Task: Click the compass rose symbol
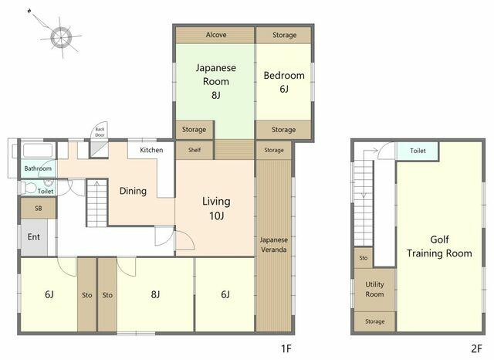pyautogui.click(x=61, y=37)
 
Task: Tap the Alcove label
pyautogui.click(x=216, y=35)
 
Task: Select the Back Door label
pyautogui.click(x=100, y=132)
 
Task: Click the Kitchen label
pyautogui.click(x=151, y=150)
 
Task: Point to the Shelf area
pyautogui.click(x=195, y=150)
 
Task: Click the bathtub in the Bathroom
pyautogui.click(x=38, y=151)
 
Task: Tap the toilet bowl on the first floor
pyautogui.click(x=29, y=188)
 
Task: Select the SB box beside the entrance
pyautogui.click(x=39, y=208)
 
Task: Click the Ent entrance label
pyautogui.click(x=34, y=236)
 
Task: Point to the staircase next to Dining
pyautogui.click(x=97, y=203)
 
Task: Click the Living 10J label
pyautogui.click(x=216, y=209)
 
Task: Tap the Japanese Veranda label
pyautogui.click(x=273, y=245)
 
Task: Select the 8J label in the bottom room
pyautogui.click(x=155, y=294)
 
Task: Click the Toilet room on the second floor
pyautogui.click(x=418, y=151)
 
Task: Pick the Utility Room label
pyautogui.click(x=374, y=289)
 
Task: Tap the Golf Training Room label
pyautogui.click(x=439, y=246)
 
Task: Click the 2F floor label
pyautogui.click(x=477, y=348)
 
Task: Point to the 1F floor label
pyautogui.click(x=286, y=348)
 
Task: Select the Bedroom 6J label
pyautogui.click(x=284, y=82)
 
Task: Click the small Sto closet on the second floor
pyautogui.click(x=364, y=258)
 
